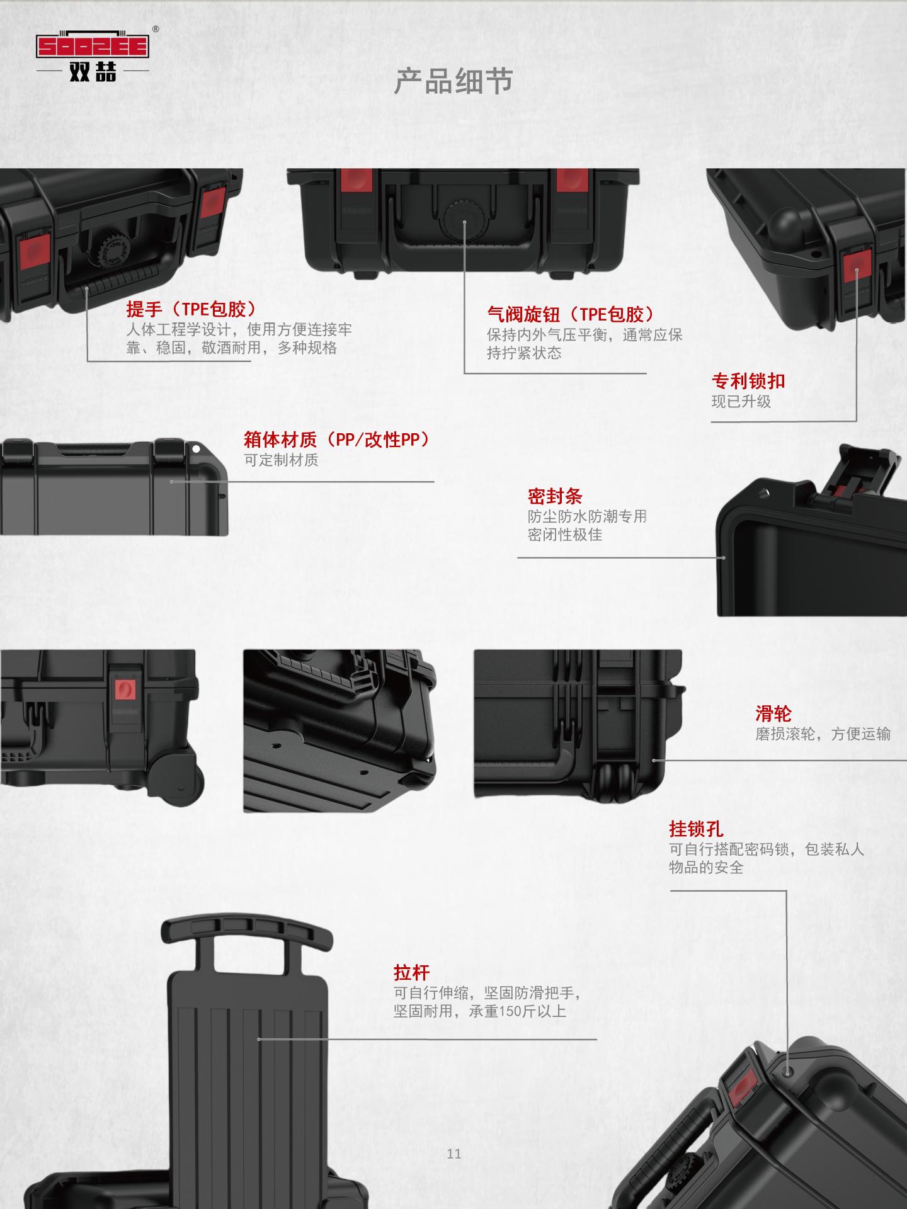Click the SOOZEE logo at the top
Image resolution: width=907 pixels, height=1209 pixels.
[x=93, y=54]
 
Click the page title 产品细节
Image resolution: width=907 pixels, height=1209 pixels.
[x=453, y=82]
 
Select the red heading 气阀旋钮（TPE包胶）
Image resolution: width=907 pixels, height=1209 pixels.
[x=571, y=314]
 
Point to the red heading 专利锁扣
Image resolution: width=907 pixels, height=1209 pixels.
[x=748, y=381]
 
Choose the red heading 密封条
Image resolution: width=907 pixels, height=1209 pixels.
[x=554, y=496]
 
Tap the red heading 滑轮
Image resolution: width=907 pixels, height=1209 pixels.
[x=773, y=713]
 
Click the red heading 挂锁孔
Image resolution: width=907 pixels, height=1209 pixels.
[x=696, y=829]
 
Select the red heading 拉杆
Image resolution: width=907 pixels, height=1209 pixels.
[x=411, y=973]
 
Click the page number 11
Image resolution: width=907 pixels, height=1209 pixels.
[x=453, y=1154]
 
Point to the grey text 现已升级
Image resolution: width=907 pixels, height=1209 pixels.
[x=741, y=402]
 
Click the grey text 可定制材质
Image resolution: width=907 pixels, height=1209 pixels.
[x=281, y=460]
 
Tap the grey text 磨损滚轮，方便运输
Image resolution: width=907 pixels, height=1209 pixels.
[x=823, y=734]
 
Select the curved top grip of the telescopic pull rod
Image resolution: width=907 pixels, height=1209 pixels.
[x=246, y=932]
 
